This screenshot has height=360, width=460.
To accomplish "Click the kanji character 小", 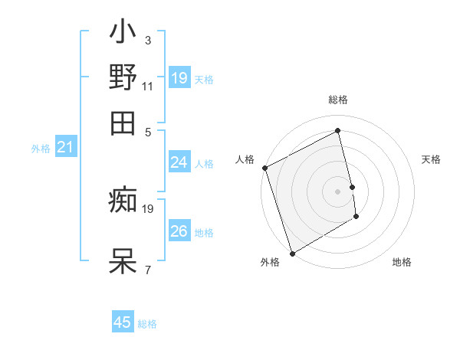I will [123, 34].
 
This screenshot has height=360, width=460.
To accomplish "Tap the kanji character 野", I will [123, 78].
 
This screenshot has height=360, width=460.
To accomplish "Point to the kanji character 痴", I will [123, 201].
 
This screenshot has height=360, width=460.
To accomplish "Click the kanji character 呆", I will [123, 260].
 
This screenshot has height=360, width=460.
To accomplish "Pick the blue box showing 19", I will [179, 78].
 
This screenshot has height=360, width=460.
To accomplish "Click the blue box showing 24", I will [179, 162].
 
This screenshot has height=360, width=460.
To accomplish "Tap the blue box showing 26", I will [179, 231].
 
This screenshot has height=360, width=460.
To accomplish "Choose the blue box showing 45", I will [123, 322].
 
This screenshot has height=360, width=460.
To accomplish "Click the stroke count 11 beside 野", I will [148, 87].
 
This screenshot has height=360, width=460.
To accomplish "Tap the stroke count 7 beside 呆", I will [148, 269].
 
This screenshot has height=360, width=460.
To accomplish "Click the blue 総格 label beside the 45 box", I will [147, 324].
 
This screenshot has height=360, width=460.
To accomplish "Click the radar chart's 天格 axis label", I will [431, 159].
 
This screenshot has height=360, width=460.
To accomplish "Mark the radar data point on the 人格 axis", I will [264, 168].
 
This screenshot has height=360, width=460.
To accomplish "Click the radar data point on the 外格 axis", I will [292, 253].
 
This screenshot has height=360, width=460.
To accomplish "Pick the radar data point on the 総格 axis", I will [337, 130].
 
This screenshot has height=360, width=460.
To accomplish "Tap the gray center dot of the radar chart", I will [337, 191].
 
